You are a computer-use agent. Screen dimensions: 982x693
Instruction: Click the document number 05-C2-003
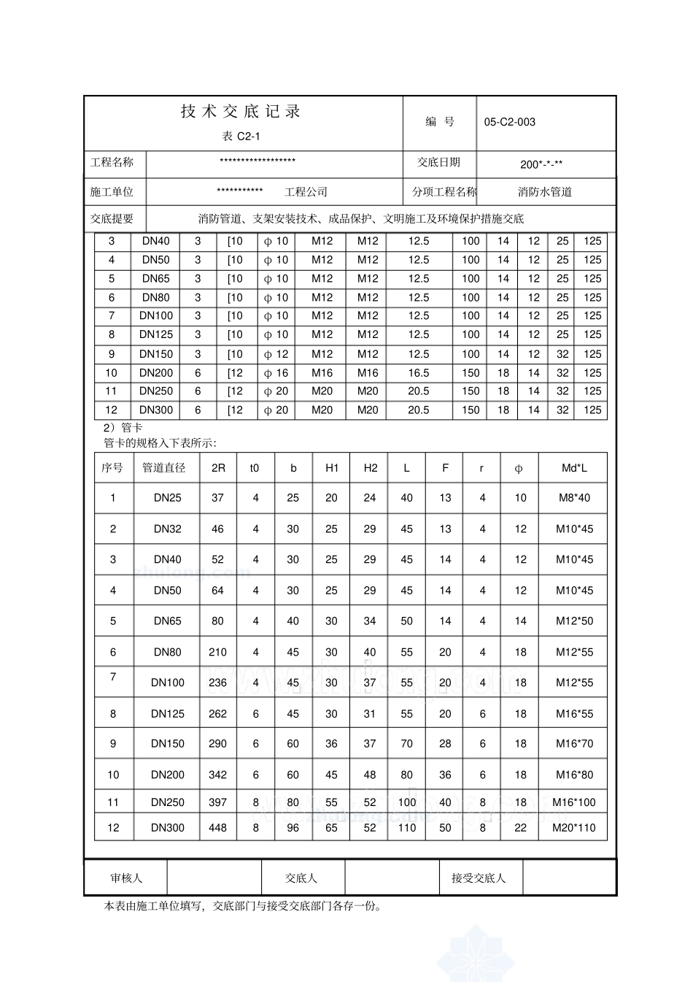tap(509, 122)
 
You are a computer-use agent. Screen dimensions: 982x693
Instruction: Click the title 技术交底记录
tap(241, 112)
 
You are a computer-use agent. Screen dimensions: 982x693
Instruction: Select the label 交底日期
tap(438, 162)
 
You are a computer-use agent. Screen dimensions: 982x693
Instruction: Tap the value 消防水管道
tap(544, 192)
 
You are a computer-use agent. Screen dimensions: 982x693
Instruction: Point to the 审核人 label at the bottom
tap(126, 878)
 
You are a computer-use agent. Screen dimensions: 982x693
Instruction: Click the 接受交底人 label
tap(478, 878)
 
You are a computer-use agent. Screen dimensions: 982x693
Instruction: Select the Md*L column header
tap(573, 468)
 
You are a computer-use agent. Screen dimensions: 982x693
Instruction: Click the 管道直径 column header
tap(164, 468)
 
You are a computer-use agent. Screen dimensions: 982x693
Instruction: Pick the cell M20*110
tap(573, 828)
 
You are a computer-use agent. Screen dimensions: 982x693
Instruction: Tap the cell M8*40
tap(573, 498)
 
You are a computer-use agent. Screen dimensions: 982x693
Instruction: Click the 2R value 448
tap(217, 828)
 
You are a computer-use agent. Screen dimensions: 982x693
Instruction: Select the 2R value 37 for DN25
tap(217, 498)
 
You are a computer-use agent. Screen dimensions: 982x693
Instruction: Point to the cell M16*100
tap(573, 802)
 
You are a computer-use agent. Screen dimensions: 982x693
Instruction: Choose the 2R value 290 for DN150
tap(217, 744)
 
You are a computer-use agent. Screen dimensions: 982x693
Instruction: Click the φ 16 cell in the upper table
tap(276, 373)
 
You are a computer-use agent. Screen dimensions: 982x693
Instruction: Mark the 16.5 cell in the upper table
tap(418, 373)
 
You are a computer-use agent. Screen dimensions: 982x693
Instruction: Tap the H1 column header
tap(331, 468)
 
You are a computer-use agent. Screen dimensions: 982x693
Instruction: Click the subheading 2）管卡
tap(123, 428)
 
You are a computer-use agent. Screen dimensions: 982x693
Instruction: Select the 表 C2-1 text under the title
tap(241, 137)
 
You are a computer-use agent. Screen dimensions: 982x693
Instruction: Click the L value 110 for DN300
tap(406, 828)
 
